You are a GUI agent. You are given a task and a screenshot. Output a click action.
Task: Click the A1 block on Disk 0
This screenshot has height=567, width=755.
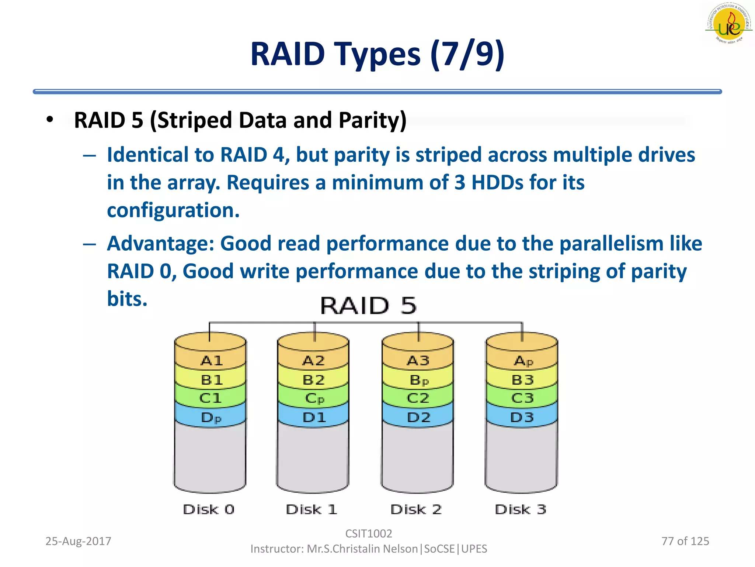(x=211, y=360)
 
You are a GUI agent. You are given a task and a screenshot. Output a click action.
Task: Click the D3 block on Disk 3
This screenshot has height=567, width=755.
(x=522, y=417)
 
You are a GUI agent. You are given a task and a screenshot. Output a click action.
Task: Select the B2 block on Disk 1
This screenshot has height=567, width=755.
(x=313, y=380)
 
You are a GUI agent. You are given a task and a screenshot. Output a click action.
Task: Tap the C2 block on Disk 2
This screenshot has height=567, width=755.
(x=418, y=398)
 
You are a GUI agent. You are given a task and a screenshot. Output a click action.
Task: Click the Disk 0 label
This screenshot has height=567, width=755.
(x=209, y=509)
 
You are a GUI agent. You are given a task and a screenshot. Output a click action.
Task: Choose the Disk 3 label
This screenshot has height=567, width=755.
(x=520, y=509)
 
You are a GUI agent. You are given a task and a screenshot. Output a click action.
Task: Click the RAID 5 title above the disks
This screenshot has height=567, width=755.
(x=368, y=306)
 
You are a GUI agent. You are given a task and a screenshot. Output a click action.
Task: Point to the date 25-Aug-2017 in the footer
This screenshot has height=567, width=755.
(x=78, y=541)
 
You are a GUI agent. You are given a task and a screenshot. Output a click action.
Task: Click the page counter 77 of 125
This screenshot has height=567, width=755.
(x=685, y=541)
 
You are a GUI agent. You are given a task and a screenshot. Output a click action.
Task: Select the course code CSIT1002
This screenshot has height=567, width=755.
(x=368, y=533)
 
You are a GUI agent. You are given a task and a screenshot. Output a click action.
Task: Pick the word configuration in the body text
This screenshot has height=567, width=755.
(x=173, y=210)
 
